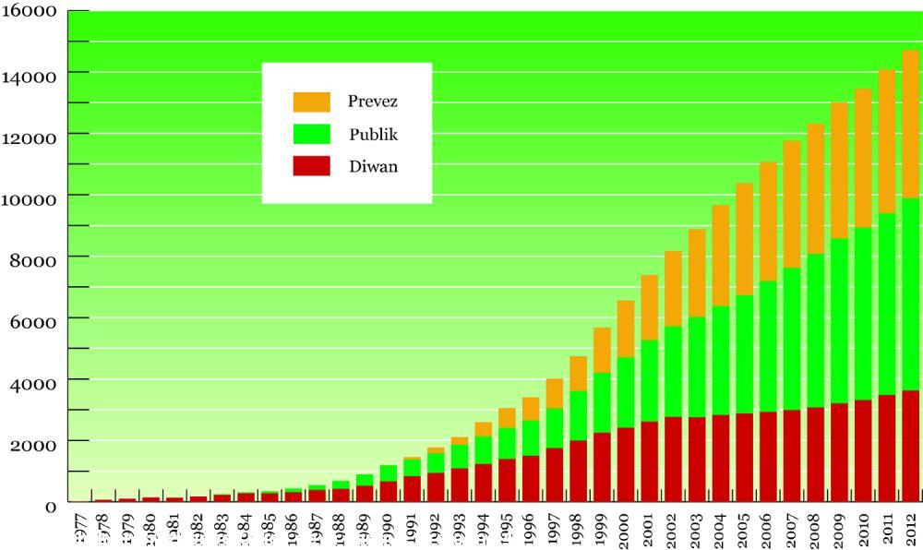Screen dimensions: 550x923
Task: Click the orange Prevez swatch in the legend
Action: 311,102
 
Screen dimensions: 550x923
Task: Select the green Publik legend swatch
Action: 311,134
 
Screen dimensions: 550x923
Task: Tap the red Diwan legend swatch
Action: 311,166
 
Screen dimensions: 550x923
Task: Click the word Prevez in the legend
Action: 373,101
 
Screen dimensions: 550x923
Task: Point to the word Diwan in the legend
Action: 373,167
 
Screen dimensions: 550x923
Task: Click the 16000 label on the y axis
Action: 32,13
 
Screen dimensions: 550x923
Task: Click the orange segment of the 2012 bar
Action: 910,125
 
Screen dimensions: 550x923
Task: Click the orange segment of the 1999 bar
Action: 602,350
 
